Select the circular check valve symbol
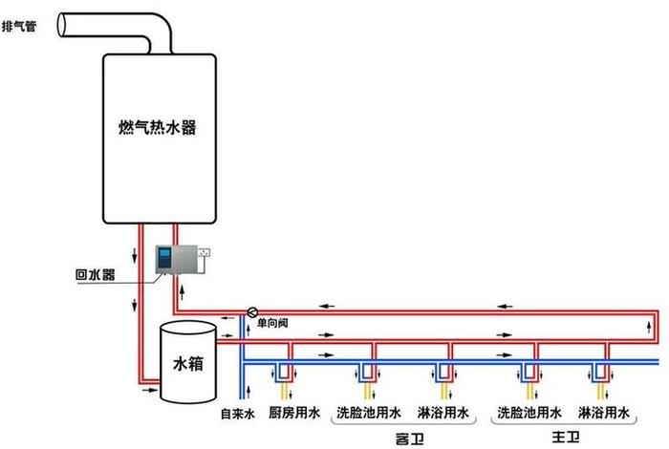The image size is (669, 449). [x=252, y=311]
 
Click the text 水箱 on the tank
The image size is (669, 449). [x=187, y=364]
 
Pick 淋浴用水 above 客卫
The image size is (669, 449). [x=443, y=414]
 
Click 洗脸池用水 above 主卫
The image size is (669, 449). [x=527, y=414]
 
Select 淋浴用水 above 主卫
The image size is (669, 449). [x=604, y=414]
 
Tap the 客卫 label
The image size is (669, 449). [x=408, y=437]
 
